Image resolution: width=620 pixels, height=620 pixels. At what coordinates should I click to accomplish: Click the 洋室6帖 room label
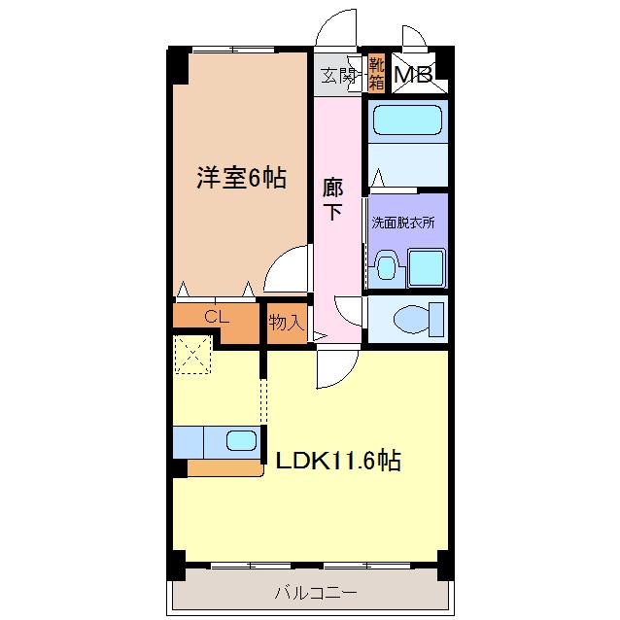pos(242,178)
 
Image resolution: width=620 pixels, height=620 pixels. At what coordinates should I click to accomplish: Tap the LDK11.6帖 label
pos(338,460)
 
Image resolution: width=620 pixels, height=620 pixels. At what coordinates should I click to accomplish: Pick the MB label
pos(412,74)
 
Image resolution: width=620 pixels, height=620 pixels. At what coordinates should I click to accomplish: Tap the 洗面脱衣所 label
pos(402,222)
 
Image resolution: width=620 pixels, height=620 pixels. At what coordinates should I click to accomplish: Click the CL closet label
pos(216,316)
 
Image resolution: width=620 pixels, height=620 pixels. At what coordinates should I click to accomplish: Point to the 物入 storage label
pos(286,322)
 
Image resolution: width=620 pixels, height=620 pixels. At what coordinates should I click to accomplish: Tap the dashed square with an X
pos(192,354)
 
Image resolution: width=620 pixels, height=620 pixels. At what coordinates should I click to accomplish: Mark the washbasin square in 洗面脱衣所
pos(426,267)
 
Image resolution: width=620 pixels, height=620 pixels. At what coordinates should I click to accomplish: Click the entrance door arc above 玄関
pos(338,27)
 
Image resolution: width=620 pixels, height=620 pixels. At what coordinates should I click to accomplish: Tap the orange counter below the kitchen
pos(225,468)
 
